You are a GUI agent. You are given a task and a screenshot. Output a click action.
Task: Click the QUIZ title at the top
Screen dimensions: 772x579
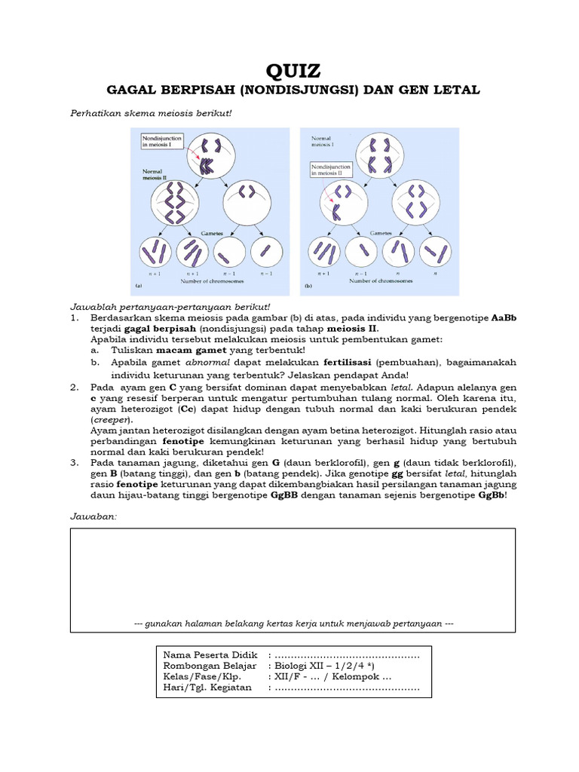pyautogui.click(x=293, y=71)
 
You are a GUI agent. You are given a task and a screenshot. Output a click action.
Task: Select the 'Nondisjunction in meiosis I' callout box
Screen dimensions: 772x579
pyautogui.click(x=162, y=141)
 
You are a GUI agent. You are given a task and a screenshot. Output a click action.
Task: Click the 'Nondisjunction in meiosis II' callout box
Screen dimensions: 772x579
pyautogui.click(x=332, y=168)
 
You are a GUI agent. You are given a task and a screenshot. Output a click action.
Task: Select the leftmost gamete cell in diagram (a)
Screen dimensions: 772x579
pyautogui.click(x=155, y=251)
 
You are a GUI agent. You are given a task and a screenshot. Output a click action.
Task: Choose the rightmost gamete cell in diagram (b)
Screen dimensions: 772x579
pyautogui.click(x=435, y=251)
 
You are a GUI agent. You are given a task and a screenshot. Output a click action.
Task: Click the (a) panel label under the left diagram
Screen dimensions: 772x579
pyautogui.click(x=138, y=286)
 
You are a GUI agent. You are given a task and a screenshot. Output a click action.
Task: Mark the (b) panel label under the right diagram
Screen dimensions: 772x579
pyautogui.click(x=307, y=286)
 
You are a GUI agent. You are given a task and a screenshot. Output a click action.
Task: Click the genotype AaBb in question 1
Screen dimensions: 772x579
pyautogui.click(x=504, y=318)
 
